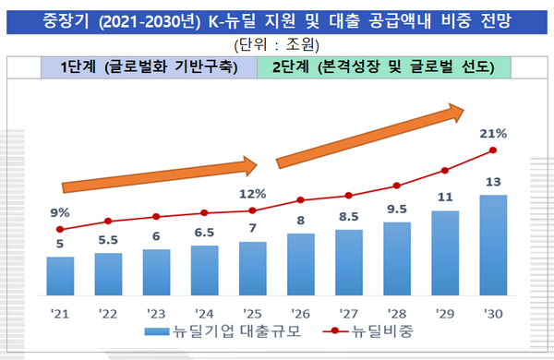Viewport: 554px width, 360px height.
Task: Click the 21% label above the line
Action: point(493,133)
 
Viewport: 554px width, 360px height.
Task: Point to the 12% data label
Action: point(252,194)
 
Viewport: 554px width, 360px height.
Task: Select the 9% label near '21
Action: point(60,212)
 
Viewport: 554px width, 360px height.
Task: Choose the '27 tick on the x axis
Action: point(349,311)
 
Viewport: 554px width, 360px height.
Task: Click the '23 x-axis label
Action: point(156,311)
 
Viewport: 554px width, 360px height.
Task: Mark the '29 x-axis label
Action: point(445,311)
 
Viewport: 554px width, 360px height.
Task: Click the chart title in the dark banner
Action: point(277,18)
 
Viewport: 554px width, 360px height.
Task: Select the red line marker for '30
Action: point(493,150)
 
